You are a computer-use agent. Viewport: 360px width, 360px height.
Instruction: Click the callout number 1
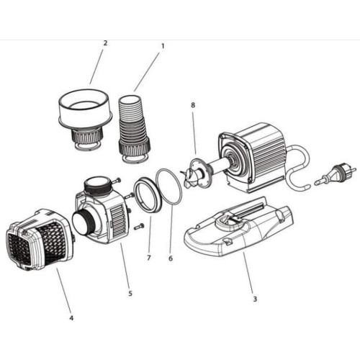pyautogui.click(x=163, y=45)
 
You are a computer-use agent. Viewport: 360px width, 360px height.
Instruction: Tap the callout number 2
pyautogui.click(x=105, y=42)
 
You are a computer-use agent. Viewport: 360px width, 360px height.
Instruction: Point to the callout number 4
pyautogui.click(x=71, y=318)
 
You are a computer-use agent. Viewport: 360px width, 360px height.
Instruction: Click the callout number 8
pyautogui.click(x=193, y=107)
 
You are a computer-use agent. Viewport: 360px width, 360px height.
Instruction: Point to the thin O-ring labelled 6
pyautogui.click(x=168, y=189)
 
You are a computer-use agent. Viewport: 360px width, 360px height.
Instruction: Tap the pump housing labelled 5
pyautogui.click(x=101, y=212)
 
